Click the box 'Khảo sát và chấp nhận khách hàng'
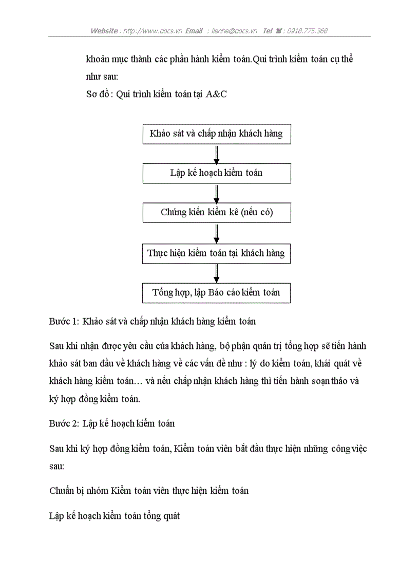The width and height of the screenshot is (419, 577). pos(216,134)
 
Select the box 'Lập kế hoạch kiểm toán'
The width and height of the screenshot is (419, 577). pos(216,173)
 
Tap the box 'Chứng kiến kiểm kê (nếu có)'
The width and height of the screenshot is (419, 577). pos(216,213)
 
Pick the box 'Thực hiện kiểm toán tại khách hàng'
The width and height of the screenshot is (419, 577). pos(216,253)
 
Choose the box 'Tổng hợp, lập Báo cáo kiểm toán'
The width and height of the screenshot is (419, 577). pos(216,293)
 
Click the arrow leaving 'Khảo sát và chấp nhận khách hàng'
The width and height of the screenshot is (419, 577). pos(217,154)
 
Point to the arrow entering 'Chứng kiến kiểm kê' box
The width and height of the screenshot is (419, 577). pos(217,193)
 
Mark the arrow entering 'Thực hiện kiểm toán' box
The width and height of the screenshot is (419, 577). pos(217,233)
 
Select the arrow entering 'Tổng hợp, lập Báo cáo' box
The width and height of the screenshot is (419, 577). pos(217,273)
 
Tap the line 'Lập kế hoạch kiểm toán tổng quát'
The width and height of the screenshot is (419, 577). pos(115,516)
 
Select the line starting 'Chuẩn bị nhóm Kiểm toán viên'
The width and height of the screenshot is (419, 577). pos(149,491)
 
